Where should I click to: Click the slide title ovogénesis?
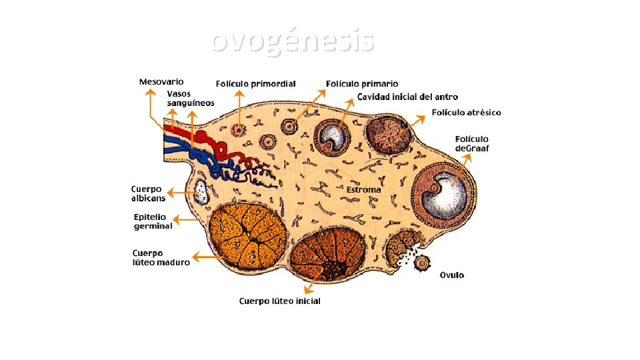pos(293,41)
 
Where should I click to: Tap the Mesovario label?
pos(161,82)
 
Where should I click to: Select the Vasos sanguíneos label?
pos(190,98)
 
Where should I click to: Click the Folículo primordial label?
pos(255,84)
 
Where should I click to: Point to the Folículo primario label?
pos(362,84)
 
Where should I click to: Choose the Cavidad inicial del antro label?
pos(407,97)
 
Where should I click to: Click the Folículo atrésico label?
pos(466,113)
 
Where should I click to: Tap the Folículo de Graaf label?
pos(471,143)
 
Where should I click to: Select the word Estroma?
pos(363,190)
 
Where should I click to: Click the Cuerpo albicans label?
pos(148,193)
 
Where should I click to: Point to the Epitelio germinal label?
pos(153,221)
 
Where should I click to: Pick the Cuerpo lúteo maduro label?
pos(161,257)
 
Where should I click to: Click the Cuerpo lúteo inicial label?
pos(280,301)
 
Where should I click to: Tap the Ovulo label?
pos(451,275)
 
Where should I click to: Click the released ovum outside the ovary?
pos(421,264)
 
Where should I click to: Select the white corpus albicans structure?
pos(201,192)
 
